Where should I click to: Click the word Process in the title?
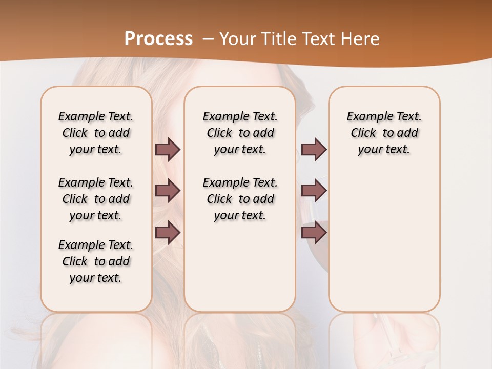click(x=158, y=38)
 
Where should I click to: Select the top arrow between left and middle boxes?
click(x=168, y=149)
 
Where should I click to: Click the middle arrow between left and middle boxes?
click(x=168, y=191)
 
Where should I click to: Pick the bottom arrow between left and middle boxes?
click(x=168, y=233)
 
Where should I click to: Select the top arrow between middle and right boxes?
click(x=314, y=149)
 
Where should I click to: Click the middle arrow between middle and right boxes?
click(x=314, y=191)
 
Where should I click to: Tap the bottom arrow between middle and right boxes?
click(x=314, y=233)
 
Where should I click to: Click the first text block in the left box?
click(x=96, y=133)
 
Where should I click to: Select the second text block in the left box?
click(x=96, y=199)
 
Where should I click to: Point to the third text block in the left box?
click(x=96, y=261)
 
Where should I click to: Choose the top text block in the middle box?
click(x=240, y=133)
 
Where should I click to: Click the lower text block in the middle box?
click(x=240, y=199)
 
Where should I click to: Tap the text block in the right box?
click(x=384, y=133)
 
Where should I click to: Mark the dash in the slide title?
click(x=208, y=38)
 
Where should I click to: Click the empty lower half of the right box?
click(x=384, y=246)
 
